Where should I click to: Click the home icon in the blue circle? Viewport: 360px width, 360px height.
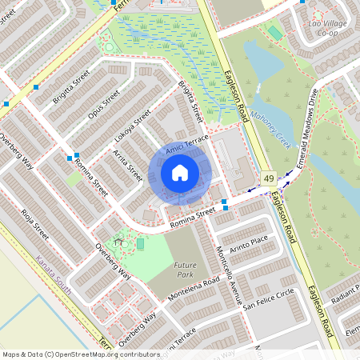pos(180,172)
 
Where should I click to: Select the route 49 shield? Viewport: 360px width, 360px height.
pos(268,177)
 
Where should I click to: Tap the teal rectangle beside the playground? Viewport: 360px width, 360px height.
pos(140,242)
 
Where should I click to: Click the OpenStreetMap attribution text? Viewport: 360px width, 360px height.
pos(81,354)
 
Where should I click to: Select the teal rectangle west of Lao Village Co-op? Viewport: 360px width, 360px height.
pos(274,33)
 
